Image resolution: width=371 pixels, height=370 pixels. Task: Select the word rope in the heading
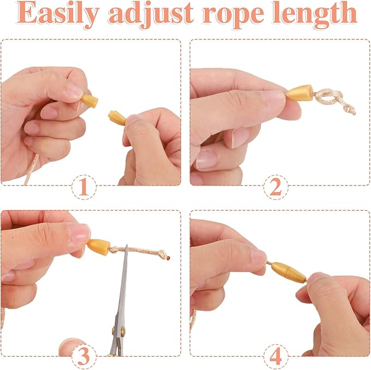point(233,16)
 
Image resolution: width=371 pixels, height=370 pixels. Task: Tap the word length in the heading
point(315,15)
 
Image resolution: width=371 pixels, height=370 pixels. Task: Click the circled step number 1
point(84,187)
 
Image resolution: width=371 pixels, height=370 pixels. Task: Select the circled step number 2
point(275,187)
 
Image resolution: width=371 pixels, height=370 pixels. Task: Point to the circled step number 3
point(84,356)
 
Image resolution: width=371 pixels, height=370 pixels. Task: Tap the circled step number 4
point(275,356)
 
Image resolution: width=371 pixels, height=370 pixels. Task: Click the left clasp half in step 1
point(90,101)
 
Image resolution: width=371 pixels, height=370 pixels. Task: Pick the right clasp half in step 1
point(116,118)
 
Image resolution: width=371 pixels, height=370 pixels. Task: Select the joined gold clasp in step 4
point(288,273)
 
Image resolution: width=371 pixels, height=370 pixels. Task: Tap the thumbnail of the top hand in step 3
point(79,233)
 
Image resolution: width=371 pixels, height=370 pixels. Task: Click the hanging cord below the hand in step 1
point(31,169)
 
